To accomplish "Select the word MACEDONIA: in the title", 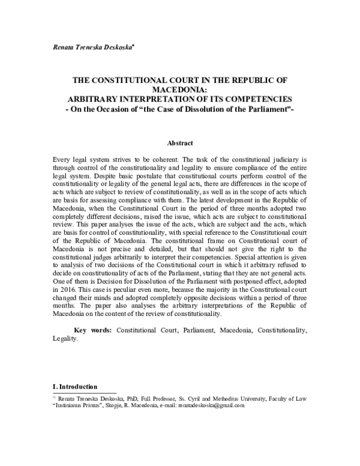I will point(179,88).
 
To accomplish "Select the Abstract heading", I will point(179,144).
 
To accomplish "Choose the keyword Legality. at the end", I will point(65,339).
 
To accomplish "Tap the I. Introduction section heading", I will point(75,386).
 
